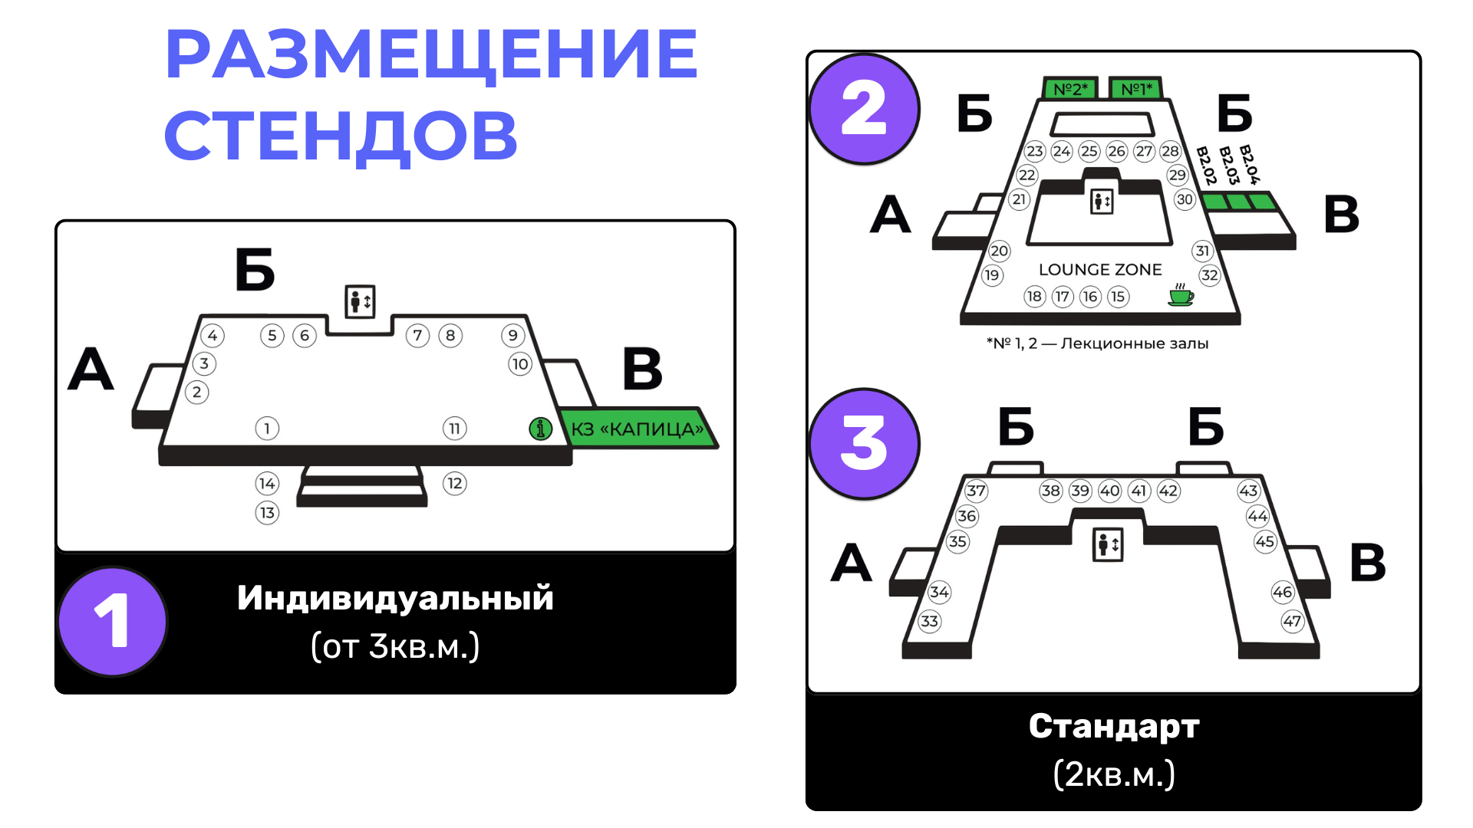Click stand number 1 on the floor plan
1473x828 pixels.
(267, 428)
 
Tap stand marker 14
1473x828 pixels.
(267, 483)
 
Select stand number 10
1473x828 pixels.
(520, 364)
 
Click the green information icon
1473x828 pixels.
(541, 429)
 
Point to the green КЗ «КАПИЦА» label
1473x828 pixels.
(637, 429)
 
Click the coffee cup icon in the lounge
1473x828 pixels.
(1181, 295)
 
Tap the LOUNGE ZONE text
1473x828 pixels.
(1100, 270)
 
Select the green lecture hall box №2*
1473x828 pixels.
(1070, 89)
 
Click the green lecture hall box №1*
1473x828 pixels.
(1136, 89)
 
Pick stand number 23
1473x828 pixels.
(1035, 151)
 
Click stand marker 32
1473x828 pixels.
(1210, 275)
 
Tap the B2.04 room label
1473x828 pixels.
(1249, 165)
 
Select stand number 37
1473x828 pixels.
(976, 491)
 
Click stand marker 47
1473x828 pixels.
(1292, 621)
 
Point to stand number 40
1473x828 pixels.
(1109, 491)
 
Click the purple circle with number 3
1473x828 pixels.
(864, 444)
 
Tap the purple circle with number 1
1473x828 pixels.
(112, 622)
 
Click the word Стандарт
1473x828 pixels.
(1113, 726)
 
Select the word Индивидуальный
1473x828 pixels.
(395, 598)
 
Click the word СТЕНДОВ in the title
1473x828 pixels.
(341, 136)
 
